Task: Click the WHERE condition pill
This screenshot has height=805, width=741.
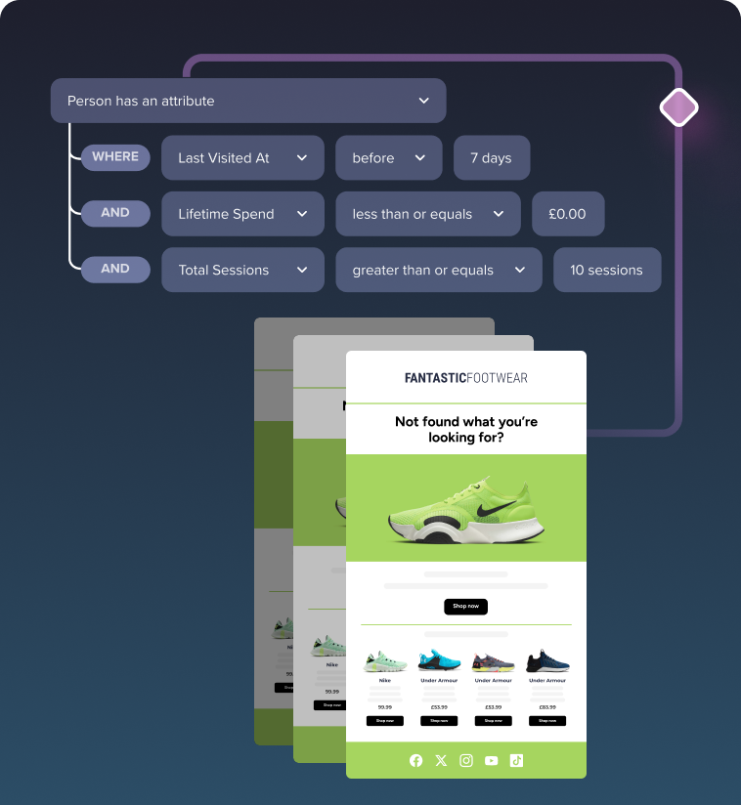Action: pyautogui.click(x=115, y=157)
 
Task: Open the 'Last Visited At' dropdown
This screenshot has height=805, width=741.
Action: pyautogui.click(x=242, y=157)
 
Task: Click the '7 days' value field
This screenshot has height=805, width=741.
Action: pyautogui.click(x=491, y=157)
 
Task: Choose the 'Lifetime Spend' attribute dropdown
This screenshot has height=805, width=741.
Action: pyautogui.click(x=242, y=214)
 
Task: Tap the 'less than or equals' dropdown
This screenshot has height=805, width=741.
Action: pyautogui.click(x=425, y=214)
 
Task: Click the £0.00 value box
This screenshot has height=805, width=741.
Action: pyautogui.click(x=568, y=214)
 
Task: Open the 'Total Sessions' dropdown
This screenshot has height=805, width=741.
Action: pyautogui.click(x=242, y=270)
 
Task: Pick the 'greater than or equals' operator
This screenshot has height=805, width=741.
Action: pyautogui.click(x=438, y=270)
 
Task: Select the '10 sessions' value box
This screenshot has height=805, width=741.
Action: pyautogui.click(x=606, y=270)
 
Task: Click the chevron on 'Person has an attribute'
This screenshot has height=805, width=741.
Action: pyautogui.click(x=423, y=101)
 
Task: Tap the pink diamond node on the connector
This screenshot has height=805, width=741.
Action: pyautogui.click(x=678, y=107)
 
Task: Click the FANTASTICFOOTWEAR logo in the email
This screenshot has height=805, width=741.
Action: pyautogui.click(x=465, y=378)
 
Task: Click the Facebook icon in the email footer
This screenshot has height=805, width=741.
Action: pyautogui.click(x=416, y=760)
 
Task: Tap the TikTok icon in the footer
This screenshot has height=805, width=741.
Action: pyautogui.click(x=516, y=760)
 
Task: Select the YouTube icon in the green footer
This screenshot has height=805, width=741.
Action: pyautogui.click(x=491, y=760)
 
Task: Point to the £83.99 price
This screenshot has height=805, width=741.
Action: pyautogui.click(x=546, y=706)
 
